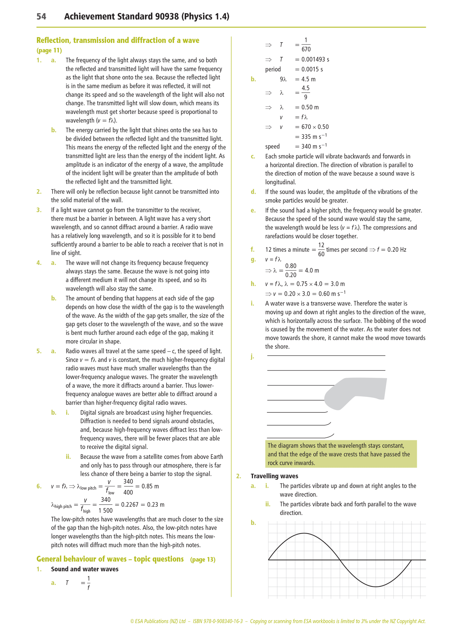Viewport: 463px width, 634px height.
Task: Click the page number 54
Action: pyautogui.click(x=41, y=17)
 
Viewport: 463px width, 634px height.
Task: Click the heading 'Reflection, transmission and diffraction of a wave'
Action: pyautogui.click(x=118, y=40)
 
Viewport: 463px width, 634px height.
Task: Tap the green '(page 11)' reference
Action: pyautogui.click(x=49, y=50)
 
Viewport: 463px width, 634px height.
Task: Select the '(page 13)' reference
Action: pyautogui.click(x=203, y=560)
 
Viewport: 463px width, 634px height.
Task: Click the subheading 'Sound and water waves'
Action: pyautogui.click(x=85, y=569)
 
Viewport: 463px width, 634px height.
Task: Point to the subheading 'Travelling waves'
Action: pyautogui.click(x=274, y=476)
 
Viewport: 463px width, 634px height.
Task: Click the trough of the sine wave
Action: pyautogui.click(x=376, y=587)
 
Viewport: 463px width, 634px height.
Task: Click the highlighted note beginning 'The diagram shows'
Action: pyautogui.click(x=341, y=454)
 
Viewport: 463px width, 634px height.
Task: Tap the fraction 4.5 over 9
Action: pyautogui.click(x=305, y=93)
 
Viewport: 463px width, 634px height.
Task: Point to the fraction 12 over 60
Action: pyautogui.click(x=321, y=250)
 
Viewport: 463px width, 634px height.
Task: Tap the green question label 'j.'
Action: pyautogui.click(x=252, y=356)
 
